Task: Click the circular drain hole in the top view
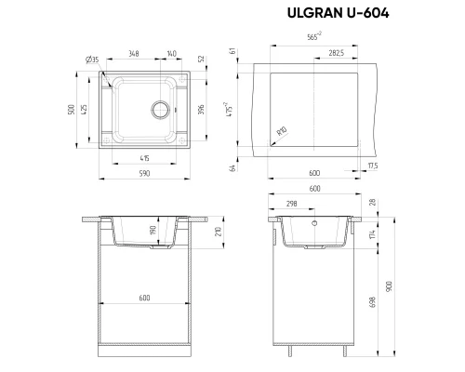click(163, 109)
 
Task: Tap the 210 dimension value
click(217, 232)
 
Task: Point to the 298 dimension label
click(292, 204)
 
